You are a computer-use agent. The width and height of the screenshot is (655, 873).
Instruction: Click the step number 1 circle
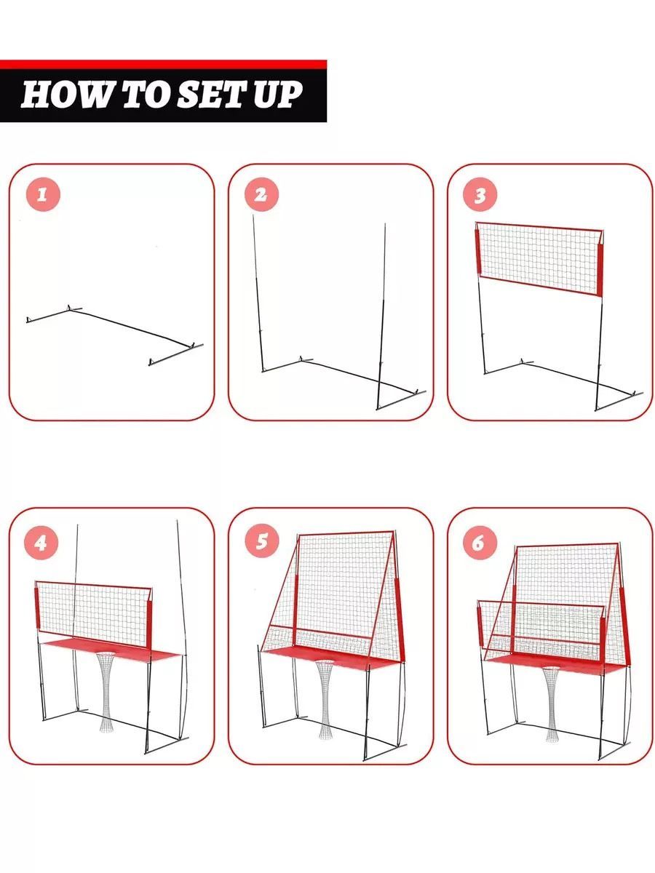tap(43, 195)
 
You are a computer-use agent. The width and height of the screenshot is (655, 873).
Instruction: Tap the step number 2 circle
tap(261, 195)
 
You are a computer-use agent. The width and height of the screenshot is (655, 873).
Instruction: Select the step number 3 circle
tap(480, 195)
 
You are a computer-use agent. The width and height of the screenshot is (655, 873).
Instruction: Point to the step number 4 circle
tap(41, 543)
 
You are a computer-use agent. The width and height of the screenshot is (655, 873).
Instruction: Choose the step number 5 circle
tap(262, 541)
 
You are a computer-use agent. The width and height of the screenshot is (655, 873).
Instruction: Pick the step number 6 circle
tap(480, 543)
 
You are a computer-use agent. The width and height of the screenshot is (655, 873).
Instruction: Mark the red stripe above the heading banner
tap(163, 64)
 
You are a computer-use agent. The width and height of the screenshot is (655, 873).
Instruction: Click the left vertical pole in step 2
tap(258, 293)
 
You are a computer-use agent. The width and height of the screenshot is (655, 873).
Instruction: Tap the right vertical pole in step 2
tap(381, 316)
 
